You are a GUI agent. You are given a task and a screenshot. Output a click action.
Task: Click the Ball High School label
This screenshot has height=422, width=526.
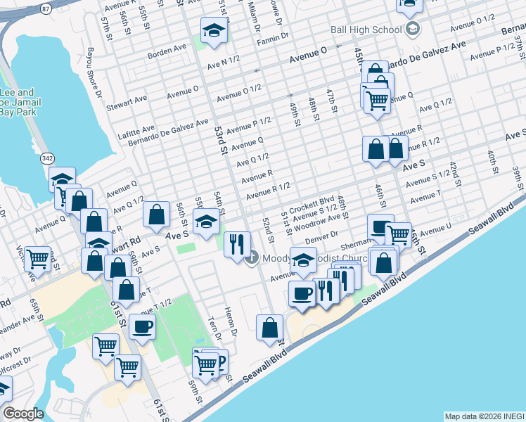(366, 30)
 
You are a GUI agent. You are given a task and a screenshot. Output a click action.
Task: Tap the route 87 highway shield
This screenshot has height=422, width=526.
(46, 8)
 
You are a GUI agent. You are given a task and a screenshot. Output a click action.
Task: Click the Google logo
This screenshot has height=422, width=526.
(23, 414)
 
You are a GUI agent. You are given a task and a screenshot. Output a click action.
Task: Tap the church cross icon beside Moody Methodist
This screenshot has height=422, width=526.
(253, 257)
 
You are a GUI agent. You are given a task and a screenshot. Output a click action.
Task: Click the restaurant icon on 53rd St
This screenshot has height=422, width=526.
(237, 243)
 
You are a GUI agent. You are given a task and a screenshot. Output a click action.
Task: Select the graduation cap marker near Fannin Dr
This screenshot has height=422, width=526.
(213, 30)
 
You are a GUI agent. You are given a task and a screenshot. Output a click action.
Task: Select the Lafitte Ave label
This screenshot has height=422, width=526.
(139, 131)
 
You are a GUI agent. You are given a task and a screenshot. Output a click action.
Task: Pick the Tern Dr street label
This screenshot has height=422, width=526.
(215, 328)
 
